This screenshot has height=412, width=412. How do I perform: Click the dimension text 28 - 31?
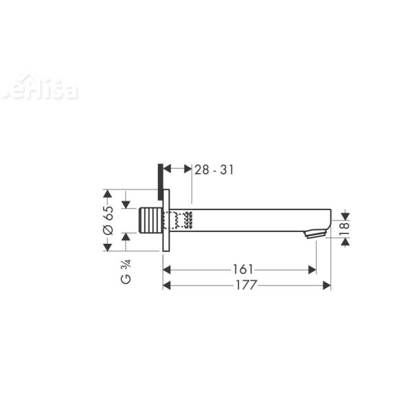click(x=214, y=170)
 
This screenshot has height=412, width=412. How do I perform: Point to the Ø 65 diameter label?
click(x=108, y=221)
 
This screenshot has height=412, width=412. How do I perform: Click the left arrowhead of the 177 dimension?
click(x=167, y=286)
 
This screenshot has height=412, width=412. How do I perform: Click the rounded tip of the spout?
click(x=328, y=219)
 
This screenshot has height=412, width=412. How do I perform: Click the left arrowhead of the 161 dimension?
click(x=167, y=270)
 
